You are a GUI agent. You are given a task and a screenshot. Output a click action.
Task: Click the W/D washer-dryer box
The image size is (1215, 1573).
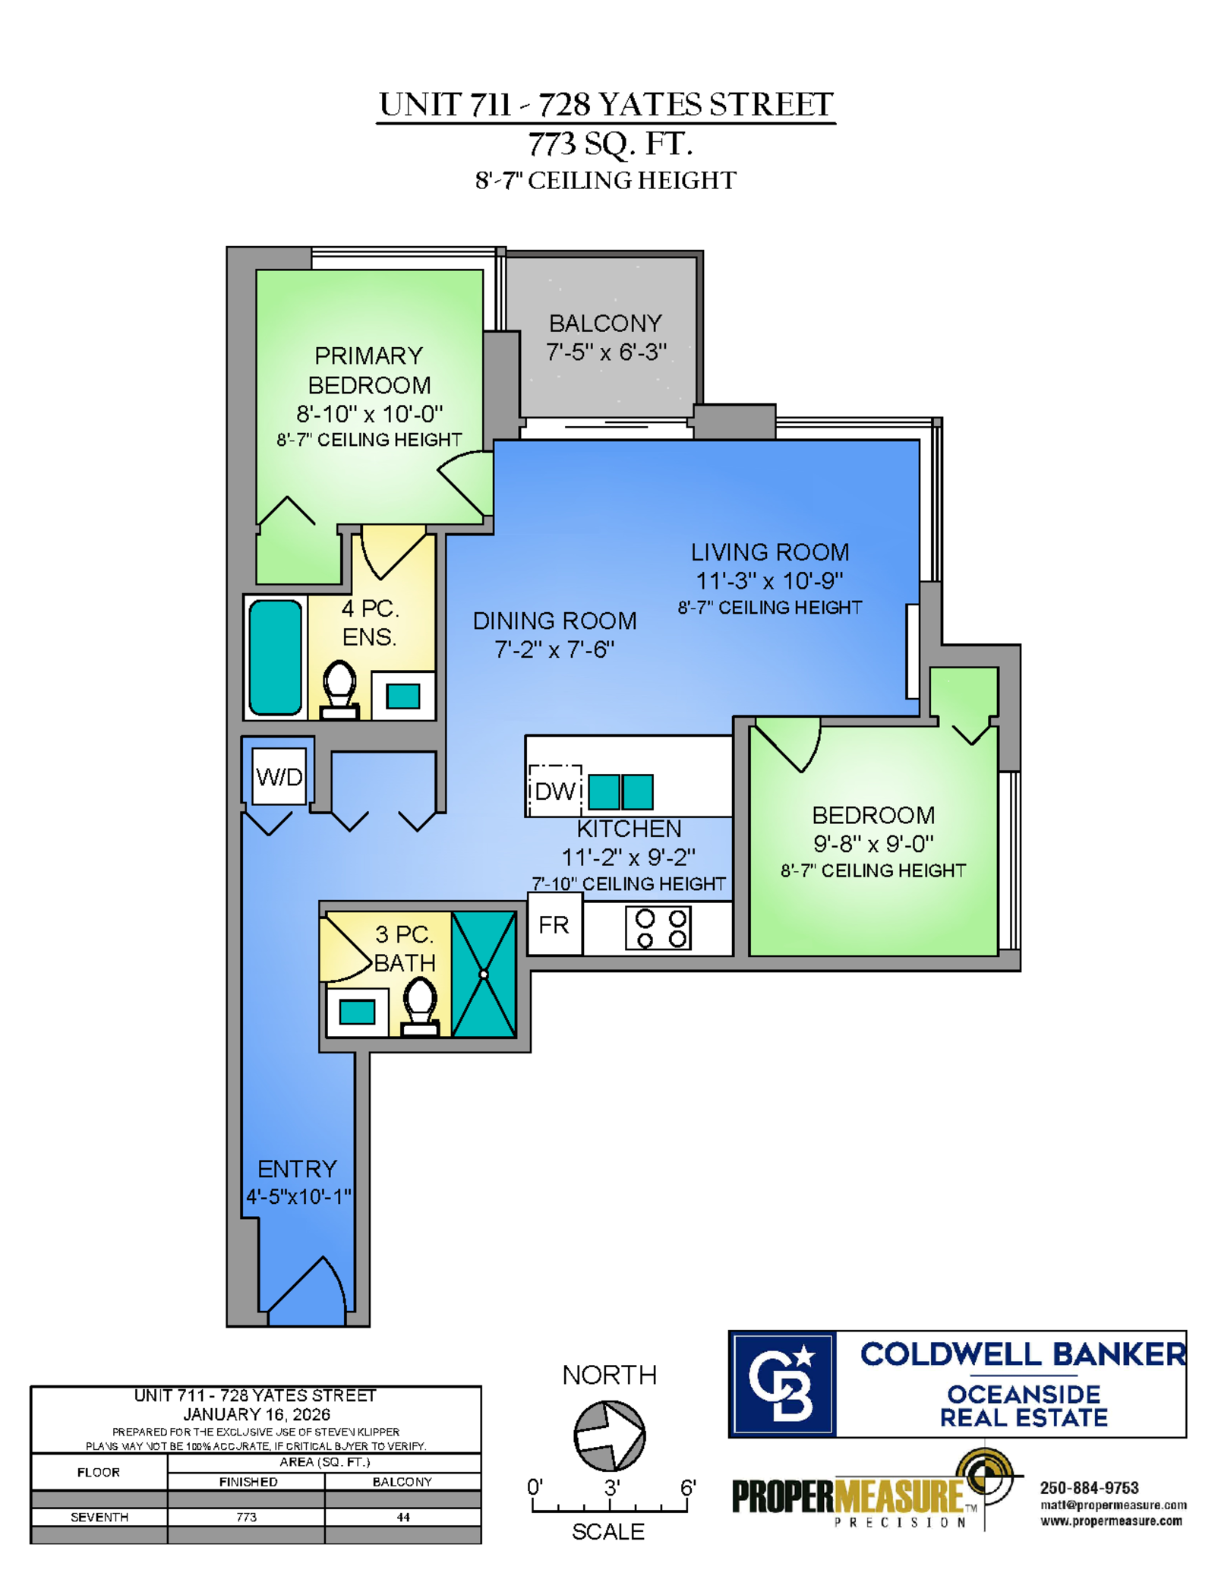click(x=279, y=775)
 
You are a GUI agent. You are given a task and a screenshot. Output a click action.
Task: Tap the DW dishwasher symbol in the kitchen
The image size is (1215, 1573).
click(x=555, y=790)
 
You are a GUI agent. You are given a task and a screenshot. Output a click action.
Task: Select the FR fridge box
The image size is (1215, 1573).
click(x=554, y=924)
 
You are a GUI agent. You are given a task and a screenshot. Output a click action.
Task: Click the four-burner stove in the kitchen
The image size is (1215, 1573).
click(x=658, y=928)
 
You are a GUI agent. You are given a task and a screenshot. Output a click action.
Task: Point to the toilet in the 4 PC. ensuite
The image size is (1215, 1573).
click(x=339, y=690)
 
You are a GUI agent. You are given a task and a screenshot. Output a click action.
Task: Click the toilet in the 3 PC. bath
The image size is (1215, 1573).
click(x=420, y=1006)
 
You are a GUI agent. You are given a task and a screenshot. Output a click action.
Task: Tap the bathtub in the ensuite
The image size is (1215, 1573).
click(x=276, y=657)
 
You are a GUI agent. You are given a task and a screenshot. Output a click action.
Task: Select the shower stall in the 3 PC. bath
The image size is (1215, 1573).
click(x=484, y=974)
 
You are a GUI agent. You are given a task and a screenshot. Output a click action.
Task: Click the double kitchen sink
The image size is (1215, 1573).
click(x=620, y=791)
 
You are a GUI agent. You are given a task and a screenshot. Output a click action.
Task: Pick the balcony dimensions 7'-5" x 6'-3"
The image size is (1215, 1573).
click(x=606, y=352)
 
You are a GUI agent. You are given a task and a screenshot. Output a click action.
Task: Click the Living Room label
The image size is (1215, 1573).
click(x=769, y=552)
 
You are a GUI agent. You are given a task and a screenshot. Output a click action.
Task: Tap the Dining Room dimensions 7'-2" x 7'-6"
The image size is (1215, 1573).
click(x=554, y=649)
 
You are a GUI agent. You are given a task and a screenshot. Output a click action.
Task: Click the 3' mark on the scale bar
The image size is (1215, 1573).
click(x=612, y=1487)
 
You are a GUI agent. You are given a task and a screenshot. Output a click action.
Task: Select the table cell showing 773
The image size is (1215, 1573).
click(x=246, y=1517)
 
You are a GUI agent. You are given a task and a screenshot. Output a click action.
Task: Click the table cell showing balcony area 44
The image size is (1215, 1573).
click(x=402, y=1517)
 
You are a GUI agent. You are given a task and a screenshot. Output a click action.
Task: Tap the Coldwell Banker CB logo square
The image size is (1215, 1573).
click(x=782, y=1384)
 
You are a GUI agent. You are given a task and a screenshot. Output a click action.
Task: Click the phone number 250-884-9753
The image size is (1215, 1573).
click(x=1089, y=1488)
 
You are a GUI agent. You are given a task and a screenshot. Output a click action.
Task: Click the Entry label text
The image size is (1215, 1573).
click(x=297, y=1168)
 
